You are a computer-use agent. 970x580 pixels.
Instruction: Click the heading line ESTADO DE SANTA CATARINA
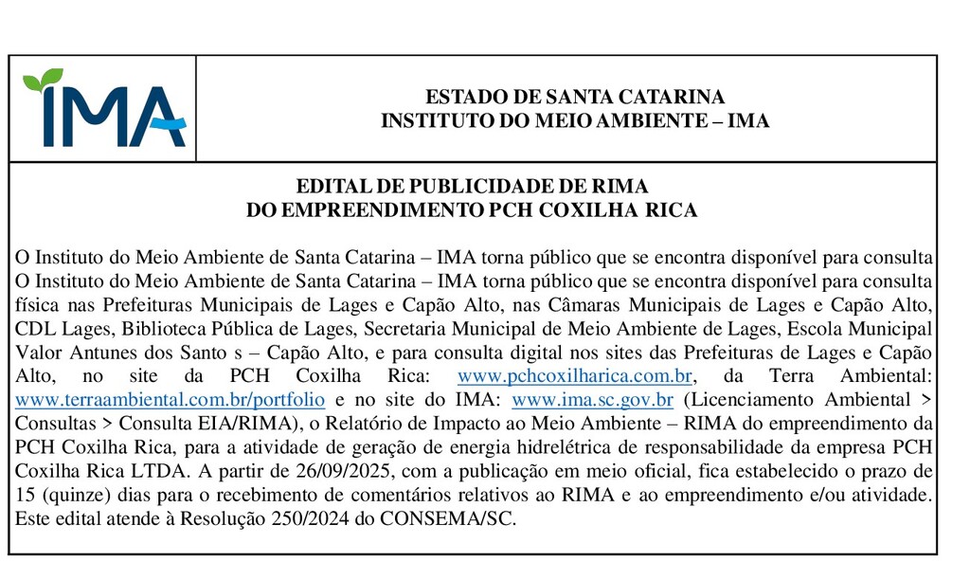pos(574,97)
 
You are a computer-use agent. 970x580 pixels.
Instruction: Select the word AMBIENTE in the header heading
pos(655,121)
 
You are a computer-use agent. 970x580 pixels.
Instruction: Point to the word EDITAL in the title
pos(329,187)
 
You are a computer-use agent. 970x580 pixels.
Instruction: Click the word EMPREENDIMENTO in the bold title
pos(378,210)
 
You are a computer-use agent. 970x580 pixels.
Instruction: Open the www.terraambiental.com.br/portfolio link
pos(171,400)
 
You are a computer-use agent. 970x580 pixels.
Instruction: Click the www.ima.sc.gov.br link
pos(592,400)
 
